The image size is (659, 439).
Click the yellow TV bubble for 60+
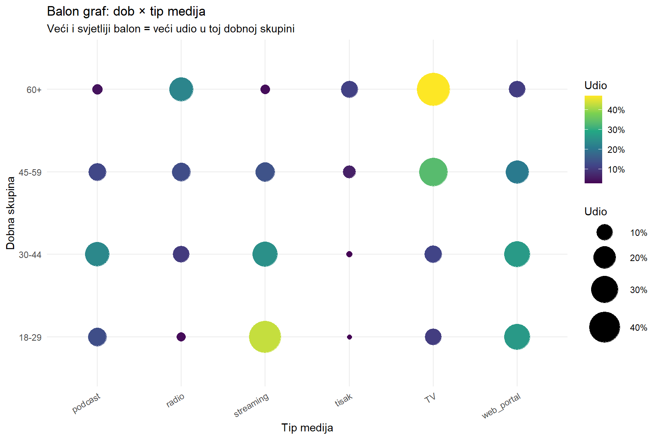coord(433,90)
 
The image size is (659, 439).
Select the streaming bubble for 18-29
coord(265,337)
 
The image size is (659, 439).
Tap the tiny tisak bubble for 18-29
coord(349,337)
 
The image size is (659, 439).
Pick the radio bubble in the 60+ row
coord(181,90)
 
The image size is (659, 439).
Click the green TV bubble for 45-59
coord(433,172)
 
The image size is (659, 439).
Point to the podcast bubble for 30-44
coord(97,254)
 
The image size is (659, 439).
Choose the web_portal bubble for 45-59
coord(517,172)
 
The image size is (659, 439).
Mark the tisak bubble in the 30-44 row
coord(349,254)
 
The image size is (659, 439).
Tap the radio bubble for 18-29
coord(181,337)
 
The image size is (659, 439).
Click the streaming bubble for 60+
coord(265,90)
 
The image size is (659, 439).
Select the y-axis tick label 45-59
coord(30,173)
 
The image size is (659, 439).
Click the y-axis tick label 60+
coord(34,90)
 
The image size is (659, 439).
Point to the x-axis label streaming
coord(251,405)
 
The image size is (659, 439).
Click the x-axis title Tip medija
coord(307,428)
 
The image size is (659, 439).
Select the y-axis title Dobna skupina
coord(11,213)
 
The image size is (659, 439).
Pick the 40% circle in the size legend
coord(604,327)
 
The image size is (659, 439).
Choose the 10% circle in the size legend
coord(604,232)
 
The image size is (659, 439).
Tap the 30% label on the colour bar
coord(616,130)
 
